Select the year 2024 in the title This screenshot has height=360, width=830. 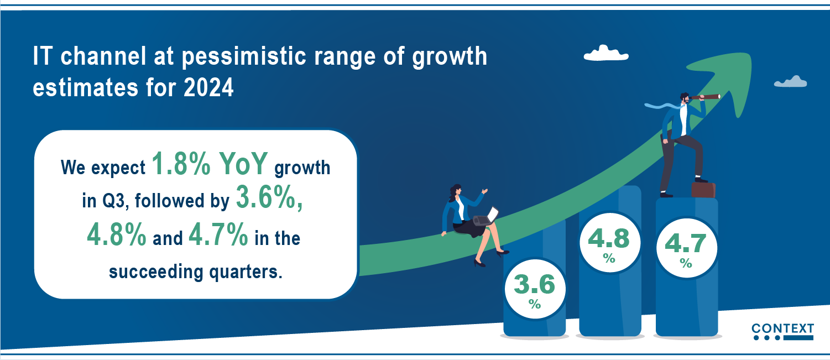(208, 88)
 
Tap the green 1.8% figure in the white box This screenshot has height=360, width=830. (181, 163)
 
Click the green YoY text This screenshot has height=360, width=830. (243, 163)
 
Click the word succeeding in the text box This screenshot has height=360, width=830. (156, 272)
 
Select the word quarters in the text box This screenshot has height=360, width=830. (246, 272)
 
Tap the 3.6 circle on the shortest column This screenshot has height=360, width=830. (535, 289)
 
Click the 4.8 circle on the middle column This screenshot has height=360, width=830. (609, 242)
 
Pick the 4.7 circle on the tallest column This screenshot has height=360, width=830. (687, 247)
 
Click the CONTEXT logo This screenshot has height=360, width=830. (783, 331)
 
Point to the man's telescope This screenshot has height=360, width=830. (704, 97)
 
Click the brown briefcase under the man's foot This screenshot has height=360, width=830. (703, 190)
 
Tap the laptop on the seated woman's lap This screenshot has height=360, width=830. (486, 217)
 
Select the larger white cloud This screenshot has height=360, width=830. (606, 53)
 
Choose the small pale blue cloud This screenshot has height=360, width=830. (790, 82)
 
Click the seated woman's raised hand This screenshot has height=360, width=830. (484, 191)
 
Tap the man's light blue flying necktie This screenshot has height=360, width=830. (662, 106)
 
